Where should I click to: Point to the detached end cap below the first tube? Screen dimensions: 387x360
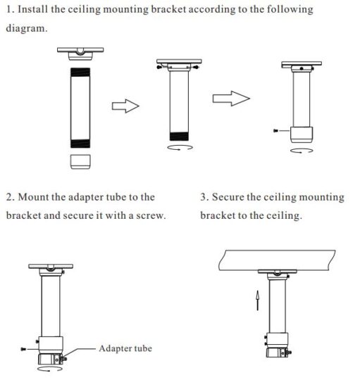coord(81,160)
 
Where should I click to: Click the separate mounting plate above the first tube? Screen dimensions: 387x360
coord(81,53)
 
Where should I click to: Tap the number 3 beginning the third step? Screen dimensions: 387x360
coord(204,197)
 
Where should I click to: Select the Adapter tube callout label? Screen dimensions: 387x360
coord(125,348)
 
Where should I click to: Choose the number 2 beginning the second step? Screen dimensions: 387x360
coord(9,197)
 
